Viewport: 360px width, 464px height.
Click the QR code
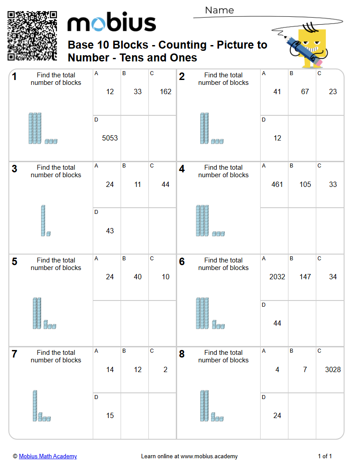point(32,36)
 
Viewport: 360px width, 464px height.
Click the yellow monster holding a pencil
point(311,46)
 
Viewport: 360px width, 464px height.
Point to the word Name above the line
point(219,10)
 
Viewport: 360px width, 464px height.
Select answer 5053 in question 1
point(110,138)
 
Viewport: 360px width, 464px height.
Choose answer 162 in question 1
point(166,92)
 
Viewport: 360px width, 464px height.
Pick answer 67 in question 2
point(305,92)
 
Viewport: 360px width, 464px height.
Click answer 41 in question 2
point(277,92)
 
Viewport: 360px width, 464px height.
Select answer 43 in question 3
point(110,231)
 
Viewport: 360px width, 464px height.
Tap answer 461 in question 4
point(277,185)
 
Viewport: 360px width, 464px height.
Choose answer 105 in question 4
point(305,185)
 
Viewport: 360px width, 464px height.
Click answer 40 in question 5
point(138,277)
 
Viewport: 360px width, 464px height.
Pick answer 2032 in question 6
point(277,277)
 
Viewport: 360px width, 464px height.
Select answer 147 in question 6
point(305,277)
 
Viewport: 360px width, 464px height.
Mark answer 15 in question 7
point(110,415)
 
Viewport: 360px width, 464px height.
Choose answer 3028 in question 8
point(333,369)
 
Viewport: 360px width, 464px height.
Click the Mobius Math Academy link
point(48,456)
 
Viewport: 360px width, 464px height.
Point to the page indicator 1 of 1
point(325,456)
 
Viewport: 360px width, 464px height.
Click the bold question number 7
point(15,354)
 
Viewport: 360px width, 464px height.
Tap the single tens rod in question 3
point(43,221)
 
